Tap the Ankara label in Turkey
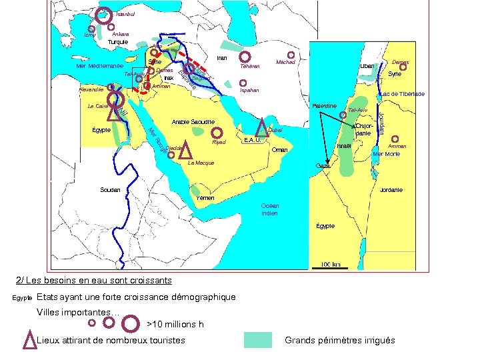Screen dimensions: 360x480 point(121,34)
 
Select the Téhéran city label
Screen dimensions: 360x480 point(249,66)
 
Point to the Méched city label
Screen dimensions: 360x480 point(286,62)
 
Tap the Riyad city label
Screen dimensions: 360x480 point(219,143)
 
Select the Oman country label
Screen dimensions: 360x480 point(280,150)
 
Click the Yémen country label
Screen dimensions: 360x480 point(207,198)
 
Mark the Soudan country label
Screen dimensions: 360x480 point(110,190)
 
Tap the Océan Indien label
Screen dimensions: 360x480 point(270,210)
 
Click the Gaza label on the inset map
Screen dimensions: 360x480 point(323,166)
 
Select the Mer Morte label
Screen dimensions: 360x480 point(387,154)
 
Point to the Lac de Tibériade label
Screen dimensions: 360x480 point(403,94)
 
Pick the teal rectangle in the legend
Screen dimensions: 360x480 point(257,340)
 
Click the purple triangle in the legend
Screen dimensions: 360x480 point(29,339)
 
